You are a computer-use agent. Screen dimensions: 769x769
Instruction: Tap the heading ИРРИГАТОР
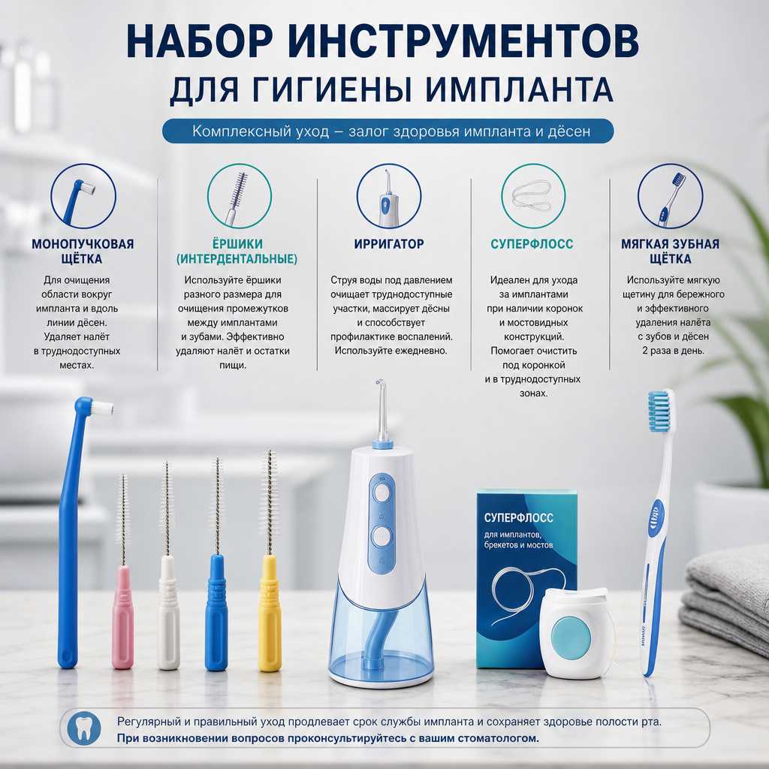pos(389,244)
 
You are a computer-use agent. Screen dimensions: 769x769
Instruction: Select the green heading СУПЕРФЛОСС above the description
pos(532,244)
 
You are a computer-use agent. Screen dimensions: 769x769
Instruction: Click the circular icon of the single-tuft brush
pos(83,196)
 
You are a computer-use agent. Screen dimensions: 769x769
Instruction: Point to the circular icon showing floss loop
pos(533,196)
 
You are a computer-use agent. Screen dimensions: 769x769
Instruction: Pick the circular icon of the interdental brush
pos(240,196)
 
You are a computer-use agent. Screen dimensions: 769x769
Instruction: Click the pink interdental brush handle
pos(122,617)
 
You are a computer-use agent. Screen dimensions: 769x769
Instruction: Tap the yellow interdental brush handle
pos(270,613)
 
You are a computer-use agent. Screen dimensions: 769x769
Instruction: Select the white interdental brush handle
pos(169,613)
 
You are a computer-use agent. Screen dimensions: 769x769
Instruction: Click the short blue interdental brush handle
pos(216,613)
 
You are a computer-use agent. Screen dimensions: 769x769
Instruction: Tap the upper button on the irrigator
pos(381,493)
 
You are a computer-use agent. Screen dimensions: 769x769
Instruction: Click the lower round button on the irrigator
pos(381,536)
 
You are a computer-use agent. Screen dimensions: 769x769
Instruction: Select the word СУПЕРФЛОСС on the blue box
pos(518,518)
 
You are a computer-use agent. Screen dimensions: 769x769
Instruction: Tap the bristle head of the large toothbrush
pos(661,411)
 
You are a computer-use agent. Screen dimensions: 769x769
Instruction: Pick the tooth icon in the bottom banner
pos(84,729)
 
